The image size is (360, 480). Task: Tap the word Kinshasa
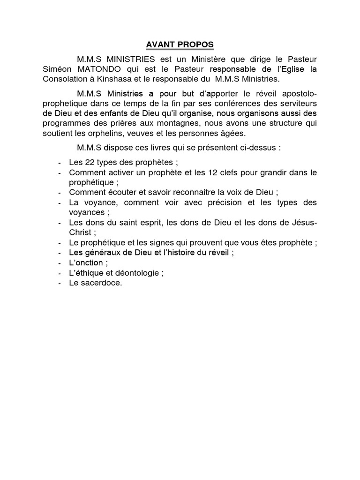pos(141,79)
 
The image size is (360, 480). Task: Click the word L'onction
pos(86,262)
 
